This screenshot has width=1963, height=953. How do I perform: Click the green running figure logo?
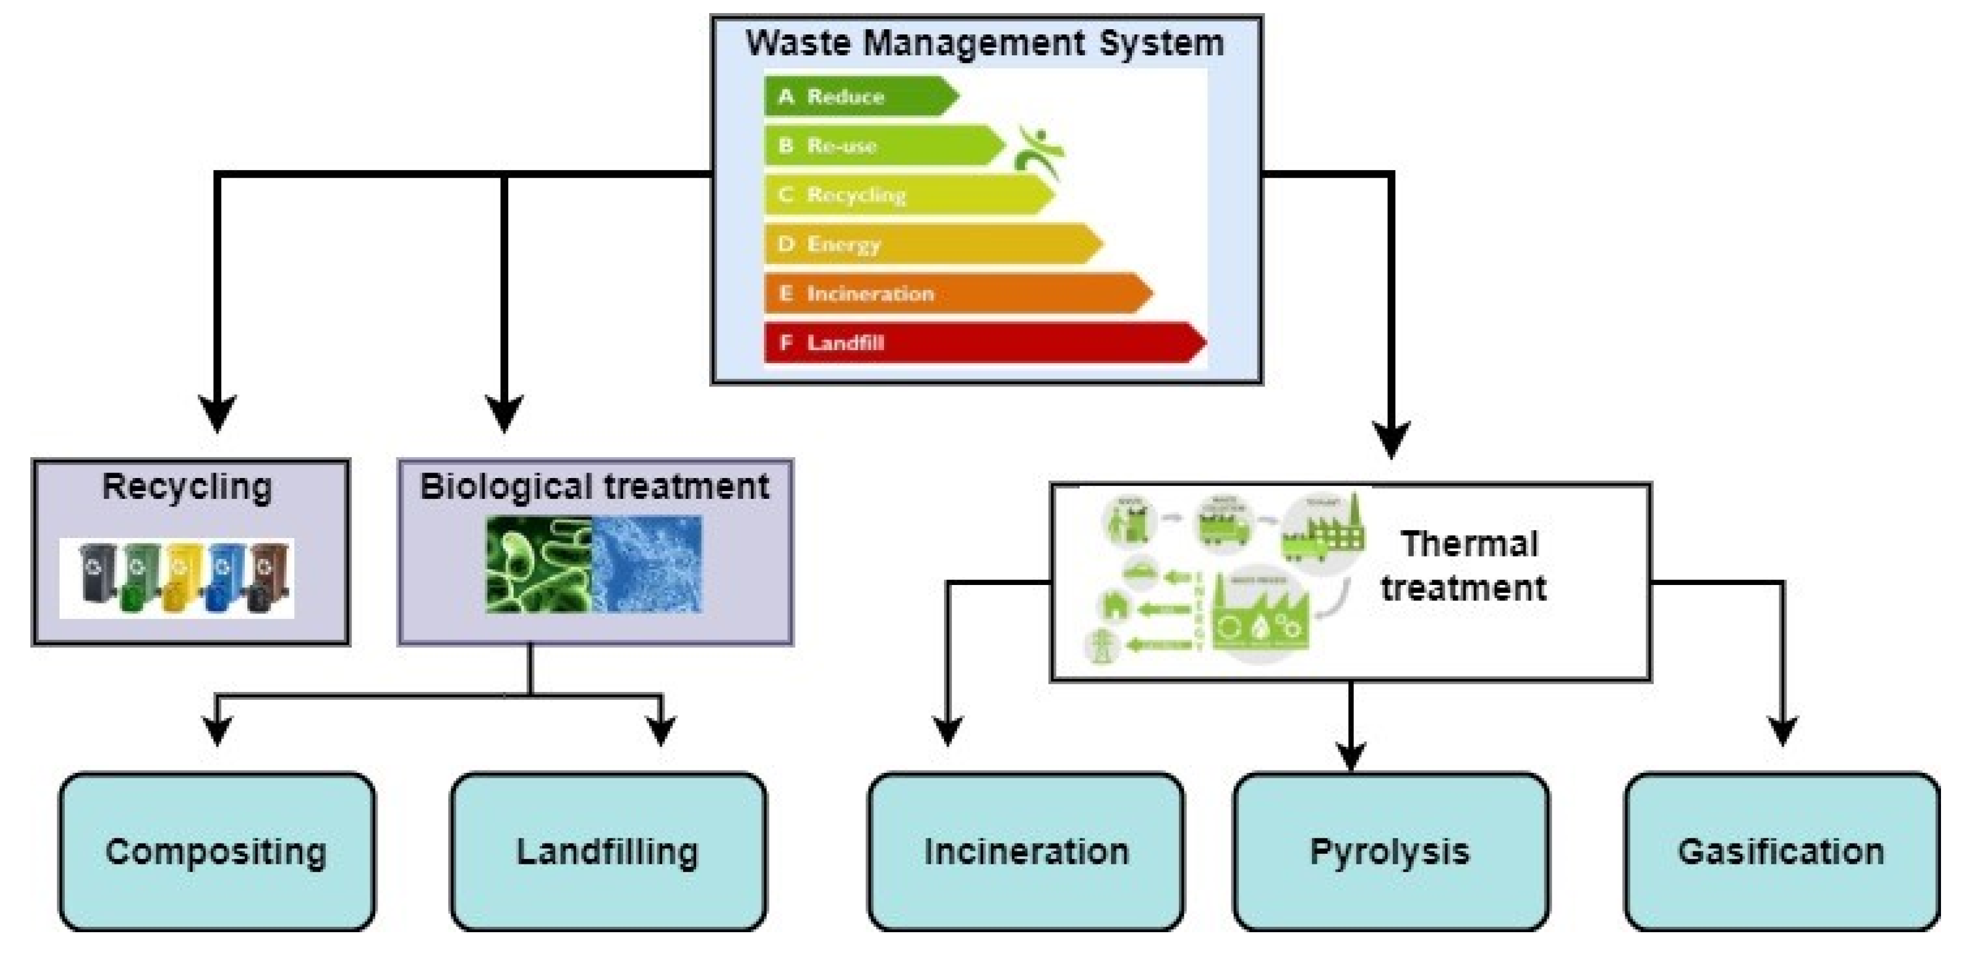click(1039, 152)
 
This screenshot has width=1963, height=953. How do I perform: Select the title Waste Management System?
click(985, 43)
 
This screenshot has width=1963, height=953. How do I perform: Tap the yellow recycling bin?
click(181, 577)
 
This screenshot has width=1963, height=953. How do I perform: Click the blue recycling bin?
click(224, 577)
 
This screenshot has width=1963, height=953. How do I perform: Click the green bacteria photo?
click(539, 564)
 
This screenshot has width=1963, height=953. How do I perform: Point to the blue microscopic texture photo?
click(647, 564)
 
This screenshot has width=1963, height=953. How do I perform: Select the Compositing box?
click(217, 852)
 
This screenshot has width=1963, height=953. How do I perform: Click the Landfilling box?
click(608, 852)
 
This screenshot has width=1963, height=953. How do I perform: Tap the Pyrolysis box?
click(1390, 852)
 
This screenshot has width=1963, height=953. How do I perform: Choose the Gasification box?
click(1781, 852)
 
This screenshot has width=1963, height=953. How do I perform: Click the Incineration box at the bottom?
click(1025, 852)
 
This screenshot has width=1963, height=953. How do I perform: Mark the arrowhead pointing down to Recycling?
click(217, 413)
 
